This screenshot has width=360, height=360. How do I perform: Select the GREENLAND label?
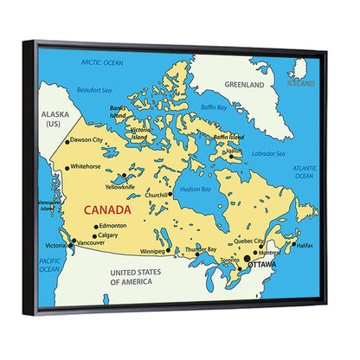[244, 86]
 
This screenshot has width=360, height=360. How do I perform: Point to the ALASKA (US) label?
[54, 119]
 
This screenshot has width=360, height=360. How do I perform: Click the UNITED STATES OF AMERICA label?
[136, 277]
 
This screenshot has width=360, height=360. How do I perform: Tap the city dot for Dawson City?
[67, 141]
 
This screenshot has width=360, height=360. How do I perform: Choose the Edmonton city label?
[112, 226]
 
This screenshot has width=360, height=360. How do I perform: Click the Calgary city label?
[108, 235]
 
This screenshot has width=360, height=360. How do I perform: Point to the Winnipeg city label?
[152, 252]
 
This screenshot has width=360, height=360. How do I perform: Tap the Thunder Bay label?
[202, 249]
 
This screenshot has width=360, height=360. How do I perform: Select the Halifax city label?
[304, 246]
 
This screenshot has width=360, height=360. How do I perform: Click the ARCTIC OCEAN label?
[102, 62]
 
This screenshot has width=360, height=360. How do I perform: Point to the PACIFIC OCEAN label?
[49, 265]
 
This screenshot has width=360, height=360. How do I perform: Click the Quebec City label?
[249, 241]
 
